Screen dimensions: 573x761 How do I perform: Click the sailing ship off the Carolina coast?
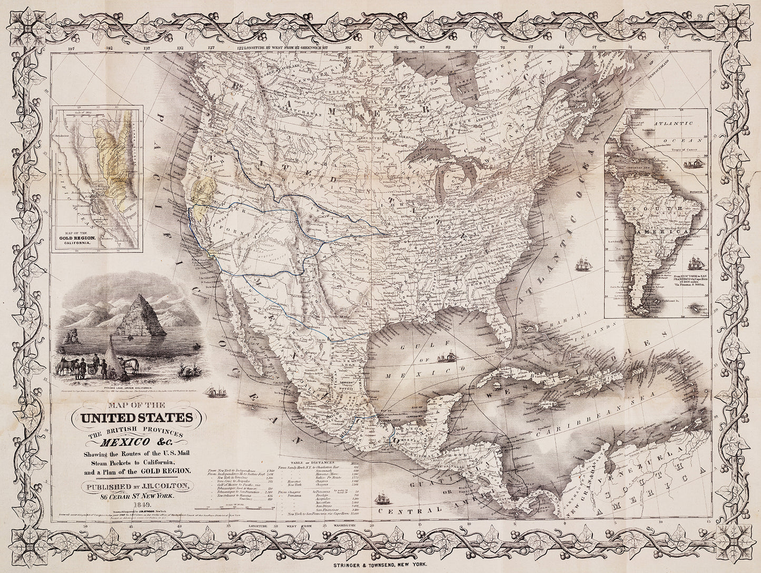point(582,264)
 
